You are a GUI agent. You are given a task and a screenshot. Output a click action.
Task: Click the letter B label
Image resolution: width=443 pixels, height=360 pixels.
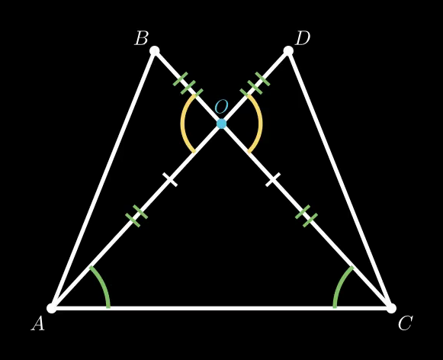coord(141,38)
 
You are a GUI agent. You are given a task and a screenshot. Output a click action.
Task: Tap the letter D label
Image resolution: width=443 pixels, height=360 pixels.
coord(302,38)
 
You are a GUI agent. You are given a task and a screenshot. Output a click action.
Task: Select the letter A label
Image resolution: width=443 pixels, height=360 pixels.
coord(38,323)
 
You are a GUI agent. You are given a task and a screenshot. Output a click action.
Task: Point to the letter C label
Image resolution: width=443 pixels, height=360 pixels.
coord(405,323)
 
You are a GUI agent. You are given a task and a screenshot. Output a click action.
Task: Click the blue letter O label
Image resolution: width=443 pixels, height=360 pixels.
coord(221,106)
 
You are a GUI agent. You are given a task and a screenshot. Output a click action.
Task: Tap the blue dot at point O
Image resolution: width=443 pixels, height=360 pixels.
coord(221,124)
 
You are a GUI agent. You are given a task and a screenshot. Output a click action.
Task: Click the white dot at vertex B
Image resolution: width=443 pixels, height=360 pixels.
coord(155,51)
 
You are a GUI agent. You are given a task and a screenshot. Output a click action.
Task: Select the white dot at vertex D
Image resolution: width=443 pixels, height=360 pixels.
coord(288,51)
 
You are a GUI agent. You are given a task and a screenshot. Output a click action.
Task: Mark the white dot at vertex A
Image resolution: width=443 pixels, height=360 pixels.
coord(52,308)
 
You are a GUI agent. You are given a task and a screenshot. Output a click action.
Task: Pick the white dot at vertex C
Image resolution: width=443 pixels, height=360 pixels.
coord(391,308)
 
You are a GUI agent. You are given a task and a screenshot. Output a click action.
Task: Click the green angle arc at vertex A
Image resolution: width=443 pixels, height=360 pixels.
coord(103,284)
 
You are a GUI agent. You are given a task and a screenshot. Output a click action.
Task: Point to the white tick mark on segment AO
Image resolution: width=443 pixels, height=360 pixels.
coord(170,180)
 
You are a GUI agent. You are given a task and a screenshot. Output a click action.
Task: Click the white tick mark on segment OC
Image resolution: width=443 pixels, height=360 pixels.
coord(273,180)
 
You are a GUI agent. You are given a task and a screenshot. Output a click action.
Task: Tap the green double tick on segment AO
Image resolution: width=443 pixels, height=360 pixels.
coord(136,216)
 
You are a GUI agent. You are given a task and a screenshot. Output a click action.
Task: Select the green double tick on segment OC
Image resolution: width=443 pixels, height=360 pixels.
coord(307,216)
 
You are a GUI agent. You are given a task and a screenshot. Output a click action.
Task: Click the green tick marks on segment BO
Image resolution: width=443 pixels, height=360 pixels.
coord(188,85)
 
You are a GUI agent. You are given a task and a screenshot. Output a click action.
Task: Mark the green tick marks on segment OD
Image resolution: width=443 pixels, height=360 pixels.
coord(255,85)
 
